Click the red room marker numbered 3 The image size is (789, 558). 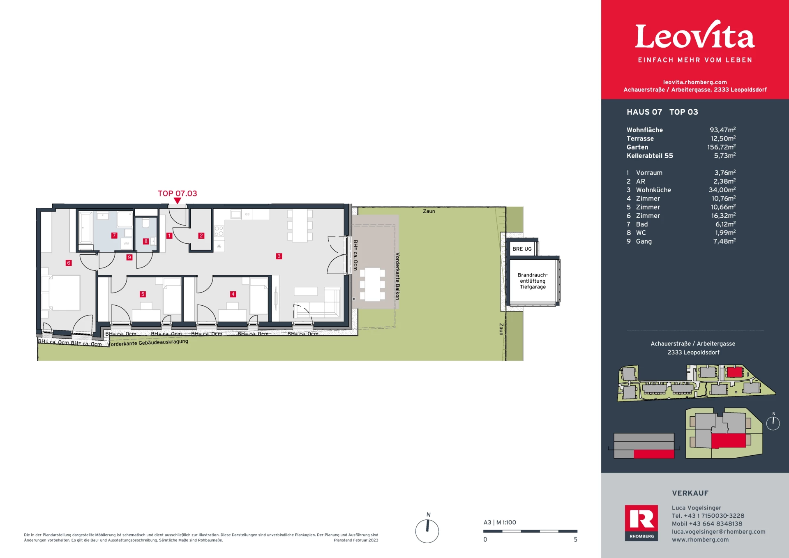[279, 256]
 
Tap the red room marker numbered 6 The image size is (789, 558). [69, 263]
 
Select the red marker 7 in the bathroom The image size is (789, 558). [114, 235]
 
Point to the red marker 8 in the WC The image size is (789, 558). [145, 241]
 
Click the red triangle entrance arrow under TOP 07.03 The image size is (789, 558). [177, 201]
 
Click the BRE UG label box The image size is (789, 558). [522, 249]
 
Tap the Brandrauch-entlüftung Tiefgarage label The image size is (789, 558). [533, 281]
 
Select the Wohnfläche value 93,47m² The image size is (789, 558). [722, 130]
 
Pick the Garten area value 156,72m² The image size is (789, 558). [721, 147]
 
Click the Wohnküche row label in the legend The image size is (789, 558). [653, 190]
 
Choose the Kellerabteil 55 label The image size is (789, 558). [650, 156]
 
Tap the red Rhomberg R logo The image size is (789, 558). [641, 523]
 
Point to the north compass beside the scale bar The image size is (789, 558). [427, 531]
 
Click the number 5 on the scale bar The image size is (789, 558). [576, 540]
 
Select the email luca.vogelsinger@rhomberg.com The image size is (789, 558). [719, 532]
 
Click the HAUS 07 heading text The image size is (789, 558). [644, 112]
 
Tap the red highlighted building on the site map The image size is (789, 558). [734, 372]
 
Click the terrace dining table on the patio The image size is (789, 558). [372, 284]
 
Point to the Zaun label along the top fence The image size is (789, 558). [429, 211]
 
